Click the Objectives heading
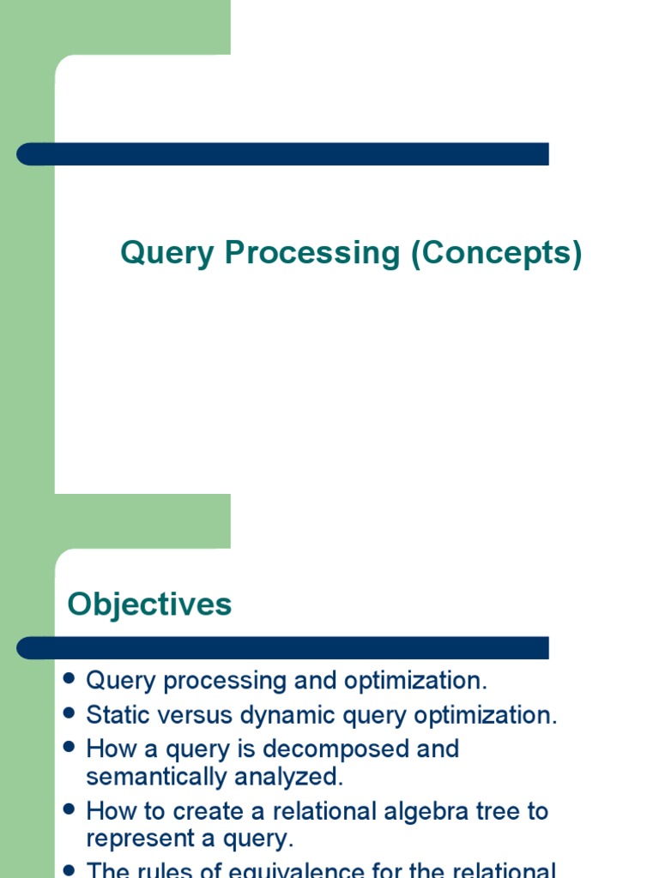point(149,604)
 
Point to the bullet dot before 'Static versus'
point(70,713)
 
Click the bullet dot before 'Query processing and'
point(70,679)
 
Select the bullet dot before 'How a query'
point(70,748)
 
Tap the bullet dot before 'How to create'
point(70,809)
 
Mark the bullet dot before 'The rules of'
point(70,869)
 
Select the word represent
point(140,839)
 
